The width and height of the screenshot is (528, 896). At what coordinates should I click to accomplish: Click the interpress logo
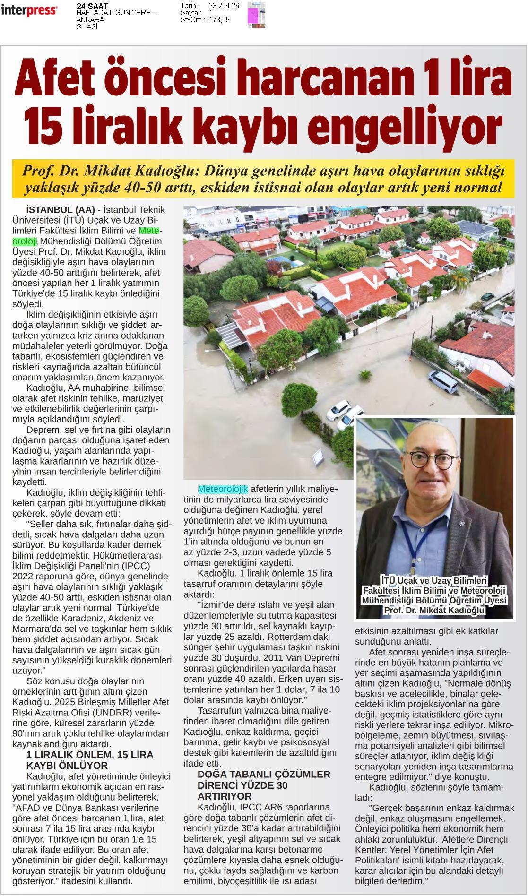[x=29, y=10]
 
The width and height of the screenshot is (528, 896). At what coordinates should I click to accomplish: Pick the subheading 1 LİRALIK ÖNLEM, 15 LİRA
[x=89, y=755]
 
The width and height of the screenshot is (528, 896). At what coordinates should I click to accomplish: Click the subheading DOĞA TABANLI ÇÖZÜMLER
[x=264, y=775]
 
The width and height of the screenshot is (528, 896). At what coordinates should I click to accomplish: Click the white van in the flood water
[x=443, y=382]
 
